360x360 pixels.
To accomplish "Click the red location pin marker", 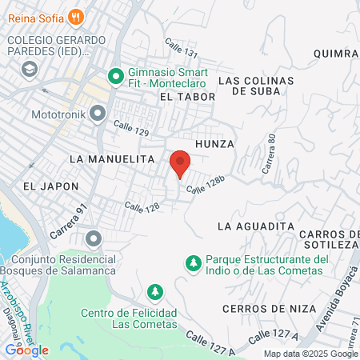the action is pyautogui.click(x=180, y=163).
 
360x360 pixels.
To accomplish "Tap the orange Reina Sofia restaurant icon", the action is pyautogui.click(x=76, y=15).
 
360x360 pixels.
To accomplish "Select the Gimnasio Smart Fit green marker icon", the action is pyautogui.click(x=114, y=77).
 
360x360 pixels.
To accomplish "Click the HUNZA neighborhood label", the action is pyautogui.click(x=214, y=143).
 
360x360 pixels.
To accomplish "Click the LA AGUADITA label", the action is pyautogui.click(x=256, y=226).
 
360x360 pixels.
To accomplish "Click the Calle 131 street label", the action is pyautogui.click(x=181, y=48).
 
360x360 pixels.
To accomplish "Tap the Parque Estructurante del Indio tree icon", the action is pyautogui.click(x=192, y=262).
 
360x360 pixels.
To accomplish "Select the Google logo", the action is pyautogui.click(x=26, y=350).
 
